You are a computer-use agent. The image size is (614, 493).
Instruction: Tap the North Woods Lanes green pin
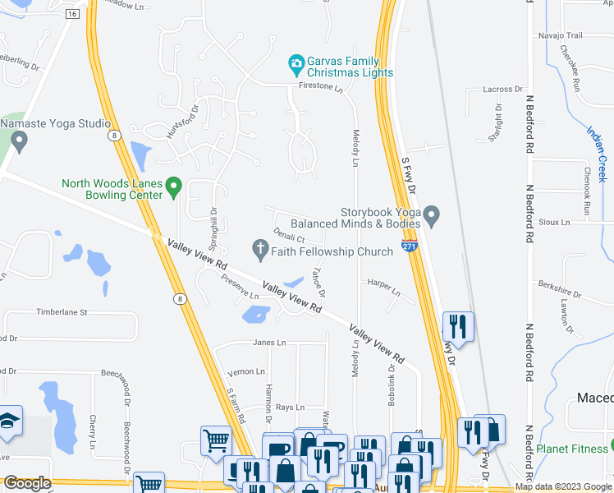click(173, 189)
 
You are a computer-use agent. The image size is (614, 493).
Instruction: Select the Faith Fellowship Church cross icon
click(261, 248)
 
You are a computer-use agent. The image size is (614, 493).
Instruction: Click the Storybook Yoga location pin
click(433, 217)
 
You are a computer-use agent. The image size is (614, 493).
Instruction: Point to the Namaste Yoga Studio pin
click(21, 141)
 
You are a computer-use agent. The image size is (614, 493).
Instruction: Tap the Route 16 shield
click(73, 14)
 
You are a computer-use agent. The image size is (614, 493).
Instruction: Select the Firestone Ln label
click(320, 85)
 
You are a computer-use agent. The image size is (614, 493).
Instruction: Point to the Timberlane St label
click(61, 313)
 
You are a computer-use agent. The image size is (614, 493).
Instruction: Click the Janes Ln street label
click(270, 343)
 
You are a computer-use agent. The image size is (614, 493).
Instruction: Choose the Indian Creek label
click(596, 154)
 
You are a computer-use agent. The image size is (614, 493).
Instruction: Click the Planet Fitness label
click(573, 449)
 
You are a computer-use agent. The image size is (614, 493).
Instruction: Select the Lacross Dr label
click(503, 89)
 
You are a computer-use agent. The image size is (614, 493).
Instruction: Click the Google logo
click(27, 484)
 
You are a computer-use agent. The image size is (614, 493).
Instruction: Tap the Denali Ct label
click(290, 236)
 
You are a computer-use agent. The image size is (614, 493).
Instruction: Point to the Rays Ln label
click(290, 408)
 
